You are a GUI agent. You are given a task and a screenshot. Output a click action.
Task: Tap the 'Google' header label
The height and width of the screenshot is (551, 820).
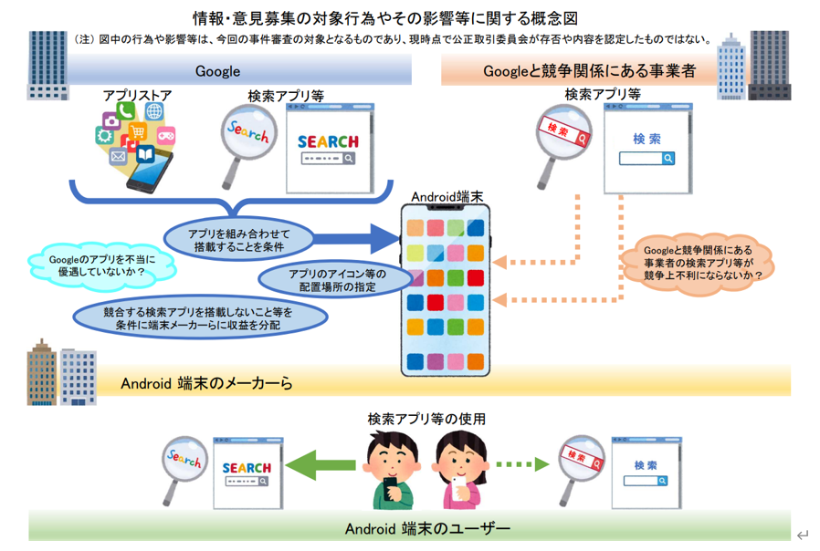tap(217, 70)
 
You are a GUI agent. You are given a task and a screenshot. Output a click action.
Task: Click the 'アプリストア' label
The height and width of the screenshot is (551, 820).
tap(137, 95)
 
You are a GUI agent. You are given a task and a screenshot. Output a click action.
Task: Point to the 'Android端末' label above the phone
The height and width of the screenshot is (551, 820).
tap(445, 195)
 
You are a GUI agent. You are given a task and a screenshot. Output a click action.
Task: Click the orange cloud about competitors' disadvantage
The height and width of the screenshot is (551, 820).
tap(704, 262)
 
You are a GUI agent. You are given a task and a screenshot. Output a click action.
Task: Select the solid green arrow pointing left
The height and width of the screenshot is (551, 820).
tap(321, 464)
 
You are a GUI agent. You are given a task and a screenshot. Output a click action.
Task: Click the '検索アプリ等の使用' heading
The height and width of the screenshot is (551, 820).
tap(426, 419)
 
